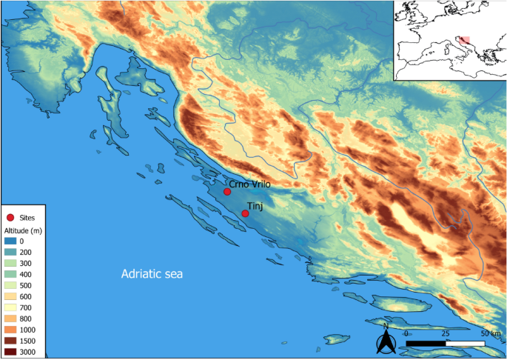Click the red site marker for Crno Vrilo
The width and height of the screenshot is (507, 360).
(x=227, y=191)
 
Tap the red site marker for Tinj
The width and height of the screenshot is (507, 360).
(x=245, y=213)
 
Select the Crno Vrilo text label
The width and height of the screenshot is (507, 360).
(x=250, y=181)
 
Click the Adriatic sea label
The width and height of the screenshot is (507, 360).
(x=152, y=275)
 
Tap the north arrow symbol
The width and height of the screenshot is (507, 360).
(x=386, y=341)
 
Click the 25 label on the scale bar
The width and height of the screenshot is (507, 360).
(x=444, y=334)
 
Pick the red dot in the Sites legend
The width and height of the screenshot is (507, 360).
(x=10, y=218)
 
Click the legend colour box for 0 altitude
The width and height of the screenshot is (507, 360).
(x=10, y=241)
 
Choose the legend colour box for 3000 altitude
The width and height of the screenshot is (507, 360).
(x=10, y=351)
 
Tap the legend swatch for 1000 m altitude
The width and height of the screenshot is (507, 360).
(x=10, y=329)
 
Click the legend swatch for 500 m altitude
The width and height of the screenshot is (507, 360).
(x=10, y=285)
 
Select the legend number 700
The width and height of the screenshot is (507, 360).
(x=27, y=307)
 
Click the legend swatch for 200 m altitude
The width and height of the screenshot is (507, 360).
(x=10, y=252)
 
